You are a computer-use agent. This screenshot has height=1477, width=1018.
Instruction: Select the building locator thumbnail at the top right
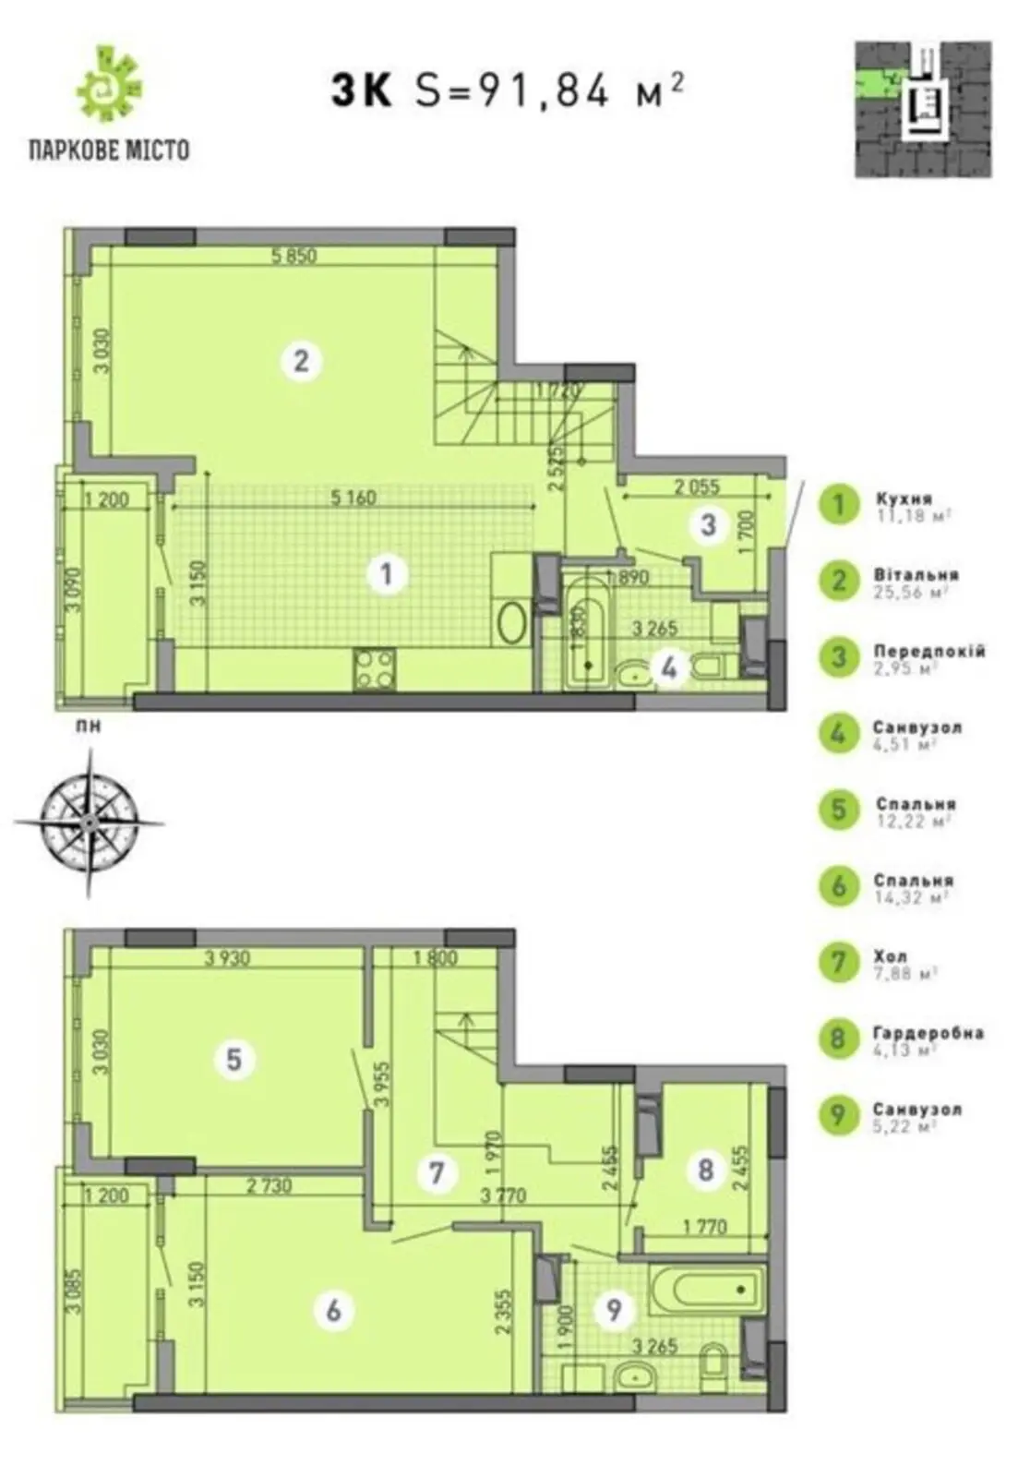click(x=923, y=109)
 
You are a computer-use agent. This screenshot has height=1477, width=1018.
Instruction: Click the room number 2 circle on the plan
click(x=301, y=360)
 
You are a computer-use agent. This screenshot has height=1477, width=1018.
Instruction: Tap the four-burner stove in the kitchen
click(x=375, y=669)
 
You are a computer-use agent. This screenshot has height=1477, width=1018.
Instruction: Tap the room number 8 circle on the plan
click(x=706, y=1171)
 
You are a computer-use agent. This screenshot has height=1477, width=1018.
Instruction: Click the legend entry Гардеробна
click(x=928, y=1033)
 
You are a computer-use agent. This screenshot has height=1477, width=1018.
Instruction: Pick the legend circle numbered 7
click(x=838, y=962)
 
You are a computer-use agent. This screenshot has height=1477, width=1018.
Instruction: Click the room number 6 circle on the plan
click(x=334, y=1309)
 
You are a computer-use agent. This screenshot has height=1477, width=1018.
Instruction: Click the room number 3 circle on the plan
click(x=708, y=525)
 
